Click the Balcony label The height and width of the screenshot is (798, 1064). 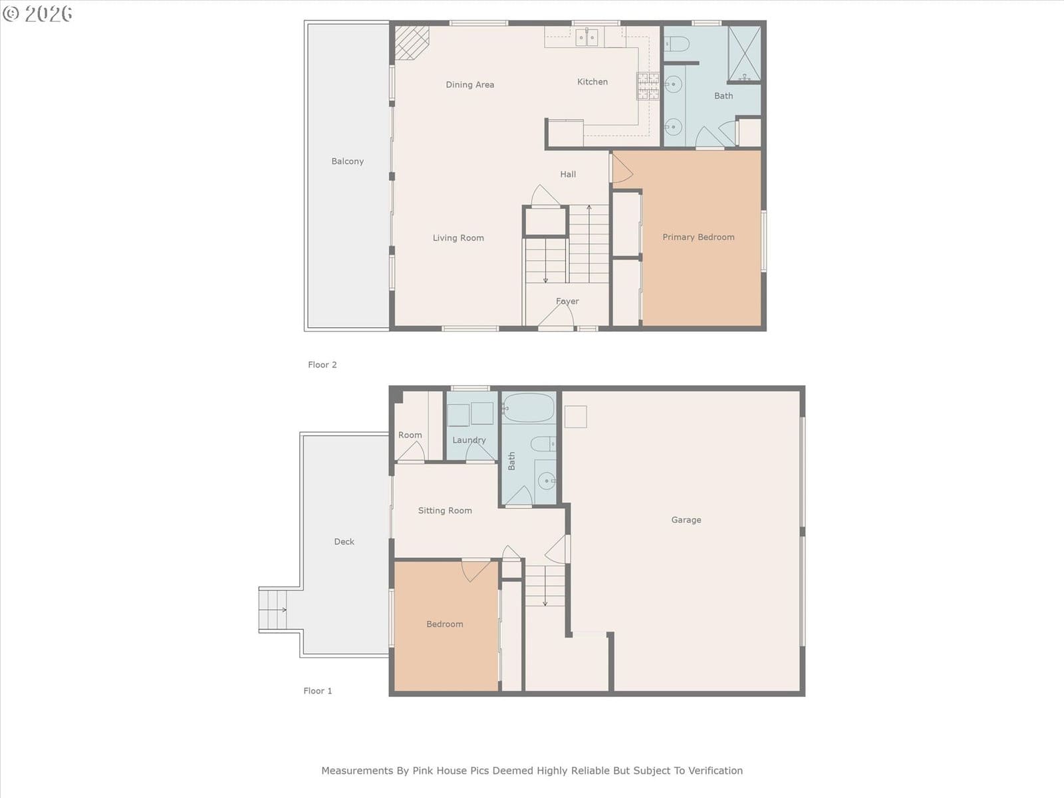click(x=348, y=162)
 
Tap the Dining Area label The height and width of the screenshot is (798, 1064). click(x=469, y=85)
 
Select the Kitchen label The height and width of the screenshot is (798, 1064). click(x=593, y=82)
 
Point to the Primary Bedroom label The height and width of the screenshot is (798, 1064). click(x=698, y=237)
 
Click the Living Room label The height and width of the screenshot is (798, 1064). click(x=458, y=238)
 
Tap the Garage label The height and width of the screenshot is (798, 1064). click(x=686, y=520)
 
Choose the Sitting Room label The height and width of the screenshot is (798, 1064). click(x=445, y=511)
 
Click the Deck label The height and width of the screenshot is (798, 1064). click(x=344, y=542)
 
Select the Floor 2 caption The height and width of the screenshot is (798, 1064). click(x=323, y=365)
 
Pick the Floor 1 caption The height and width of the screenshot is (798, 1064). click(x=318, y=691)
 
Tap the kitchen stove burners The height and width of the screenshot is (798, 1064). click(x=648, y=86)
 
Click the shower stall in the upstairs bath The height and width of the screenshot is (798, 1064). click(x=744, y=54)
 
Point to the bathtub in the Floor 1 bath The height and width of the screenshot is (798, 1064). click(x=528, y=408)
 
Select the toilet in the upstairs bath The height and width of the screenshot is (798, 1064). click(x=676, y=44)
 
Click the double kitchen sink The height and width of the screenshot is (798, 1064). click(x=587, y=37)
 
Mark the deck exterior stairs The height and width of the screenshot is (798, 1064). click(x=273, y=610)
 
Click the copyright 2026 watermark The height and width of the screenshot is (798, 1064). click(x=37, y=13)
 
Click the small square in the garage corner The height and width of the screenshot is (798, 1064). click(x=576, y=417)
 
